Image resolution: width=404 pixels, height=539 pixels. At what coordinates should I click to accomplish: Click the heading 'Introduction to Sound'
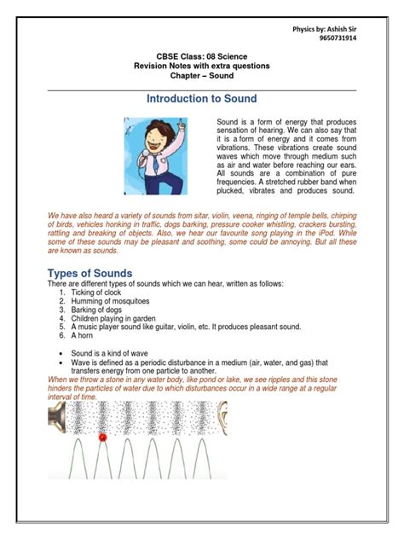[x=201, y=99]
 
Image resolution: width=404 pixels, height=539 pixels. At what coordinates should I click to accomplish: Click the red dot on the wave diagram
[x=103, y=438]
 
